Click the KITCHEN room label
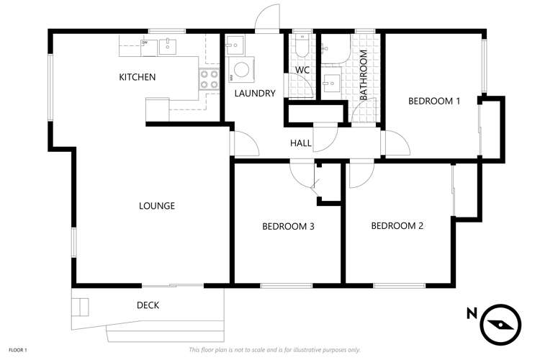(137, 77)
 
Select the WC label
(302, 70)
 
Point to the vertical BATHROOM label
(364, 74)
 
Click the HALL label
(300, 143)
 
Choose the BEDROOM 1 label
(433, 101)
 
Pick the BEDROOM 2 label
(397, 225)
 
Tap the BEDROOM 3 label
(288, 226)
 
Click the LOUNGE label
(156, 206)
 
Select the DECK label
(148, 305)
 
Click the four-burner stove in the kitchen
(210, 79)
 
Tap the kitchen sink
(168, 46)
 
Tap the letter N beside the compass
(471, 313)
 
